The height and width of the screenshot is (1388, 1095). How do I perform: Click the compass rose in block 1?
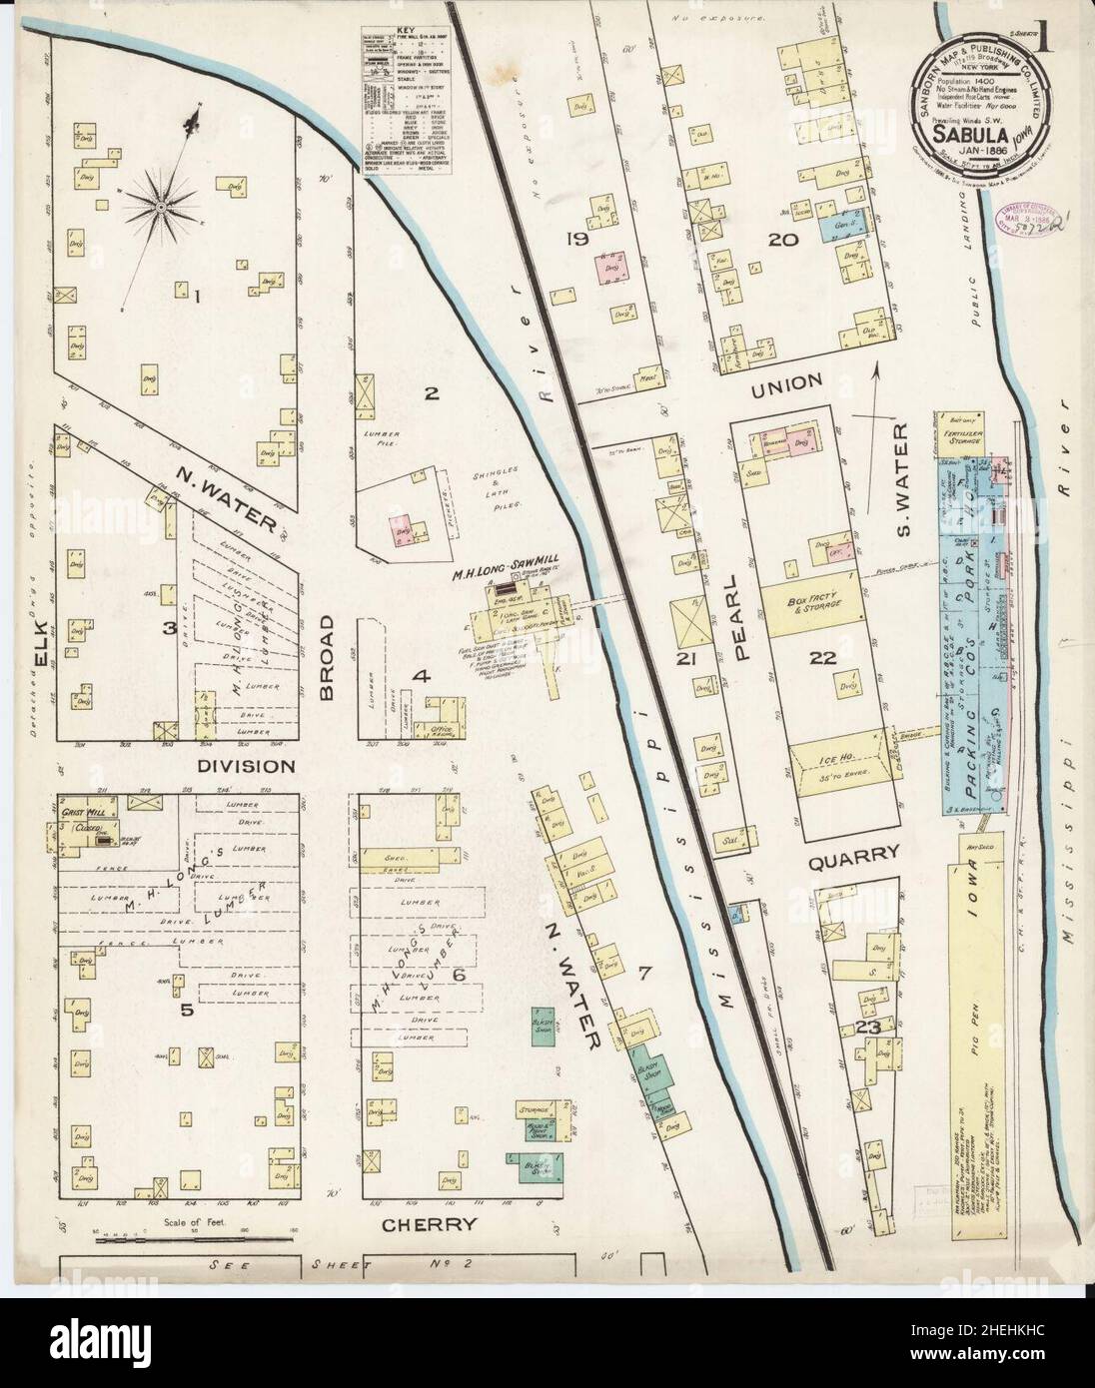(161, 207)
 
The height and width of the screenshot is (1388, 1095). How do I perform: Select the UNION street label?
(788, 381)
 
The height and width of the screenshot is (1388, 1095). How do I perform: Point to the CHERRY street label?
(435, 1225)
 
